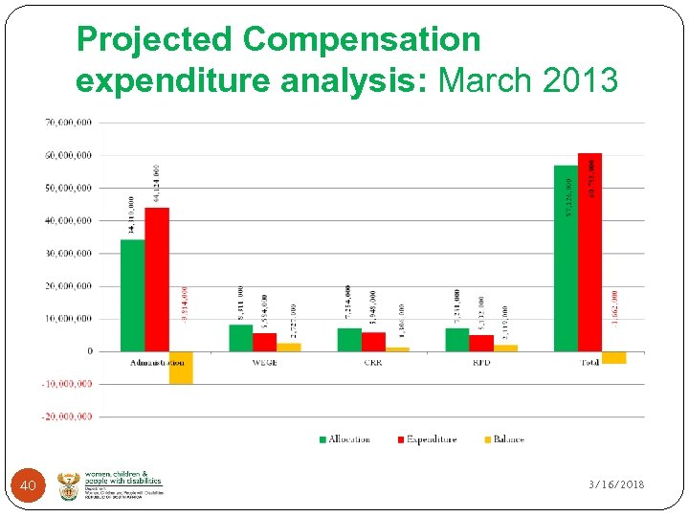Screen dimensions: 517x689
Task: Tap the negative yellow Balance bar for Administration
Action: [181, 368]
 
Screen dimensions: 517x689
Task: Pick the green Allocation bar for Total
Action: [566, 258]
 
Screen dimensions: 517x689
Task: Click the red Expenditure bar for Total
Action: [589, 253]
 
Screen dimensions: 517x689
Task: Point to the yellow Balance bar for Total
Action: [613, 357]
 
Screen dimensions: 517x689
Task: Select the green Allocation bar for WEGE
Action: [241, 338]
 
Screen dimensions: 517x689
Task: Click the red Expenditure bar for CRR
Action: [373, 342]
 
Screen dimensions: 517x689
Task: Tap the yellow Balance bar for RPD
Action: [505, 348]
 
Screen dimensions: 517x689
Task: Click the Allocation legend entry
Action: [344, 439]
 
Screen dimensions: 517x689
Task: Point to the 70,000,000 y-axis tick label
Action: [68, 123]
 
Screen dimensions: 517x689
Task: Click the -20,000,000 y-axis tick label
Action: [66, 416]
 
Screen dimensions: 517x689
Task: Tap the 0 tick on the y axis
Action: [90, 351]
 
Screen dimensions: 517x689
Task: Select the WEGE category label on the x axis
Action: [265, 363]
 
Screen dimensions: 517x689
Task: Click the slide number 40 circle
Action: [28, 486]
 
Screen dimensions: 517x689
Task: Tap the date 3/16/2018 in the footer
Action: [616, 484]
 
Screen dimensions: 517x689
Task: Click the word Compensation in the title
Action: [361, 39]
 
